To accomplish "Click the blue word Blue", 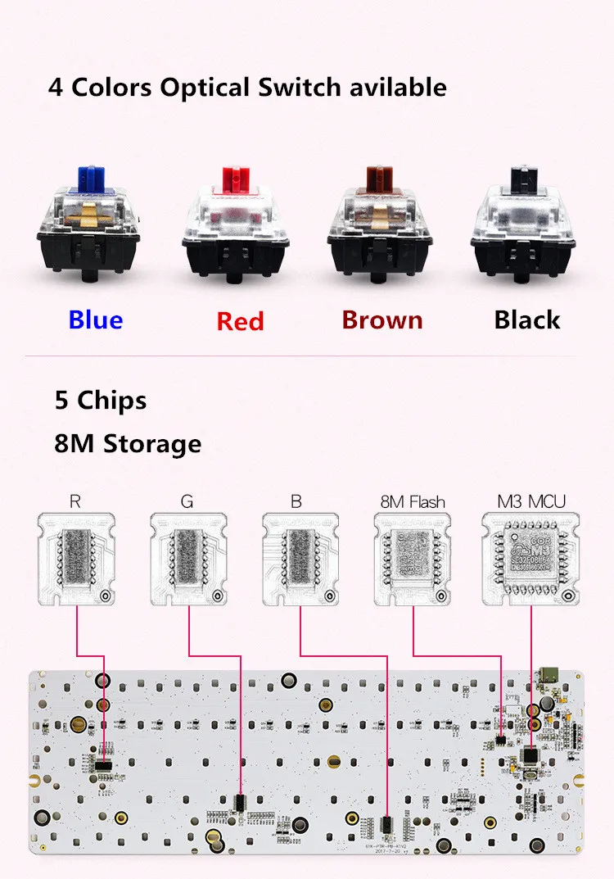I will click(96, 319).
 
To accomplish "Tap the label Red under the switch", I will click(240, 321).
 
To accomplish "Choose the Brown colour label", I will click(382, 319).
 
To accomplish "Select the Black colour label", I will click(526, 319).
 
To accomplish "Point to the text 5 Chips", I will click(101, 401).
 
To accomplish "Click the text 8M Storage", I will click(128, 444).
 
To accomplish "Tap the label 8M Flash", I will click(413, 501).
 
